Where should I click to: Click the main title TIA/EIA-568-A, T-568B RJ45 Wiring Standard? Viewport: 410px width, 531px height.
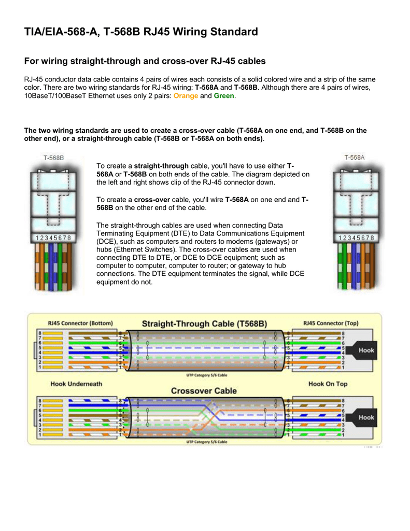pyautogui.click(x=141, y=32)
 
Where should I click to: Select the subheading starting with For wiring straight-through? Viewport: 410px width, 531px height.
pyautogui.click(x=145, y=61)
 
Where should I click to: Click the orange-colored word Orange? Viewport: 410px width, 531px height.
pyautogui.click(x=186, y=96)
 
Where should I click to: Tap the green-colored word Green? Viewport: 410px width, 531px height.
pyautogui.click(x=224, y=96)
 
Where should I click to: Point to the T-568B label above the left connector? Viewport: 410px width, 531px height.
pyautogui.click(x=53, y=157)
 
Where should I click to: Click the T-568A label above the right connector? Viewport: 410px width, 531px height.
pyautogui.click(x=355, y=157)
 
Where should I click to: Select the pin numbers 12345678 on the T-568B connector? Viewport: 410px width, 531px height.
pyautogui.click(x=53, y=237)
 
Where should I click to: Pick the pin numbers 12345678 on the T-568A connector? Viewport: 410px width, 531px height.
pyautogui.click(x=356, y=237)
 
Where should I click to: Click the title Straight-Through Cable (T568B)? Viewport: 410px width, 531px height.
pyautogui.click(x=204, y=324)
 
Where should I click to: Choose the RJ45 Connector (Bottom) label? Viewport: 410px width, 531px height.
pyautogui.click(x=80, y=323)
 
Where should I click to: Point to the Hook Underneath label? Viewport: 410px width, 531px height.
pyautogui.click(x=76, y=384)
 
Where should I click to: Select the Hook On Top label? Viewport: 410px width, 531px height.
pyautogui.click(x=328, y=384)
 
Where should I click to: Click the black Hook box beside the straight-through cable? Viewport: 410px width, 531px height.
pyautogui.click(x=366, y=351)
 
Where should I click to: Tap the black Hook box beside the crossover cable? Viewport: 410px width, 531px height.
pyautogui.click(x=366, y=417)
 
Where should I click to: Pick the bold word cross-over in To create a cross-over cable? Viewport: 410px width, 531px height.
pyautogui.click(x=152, y=199)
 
